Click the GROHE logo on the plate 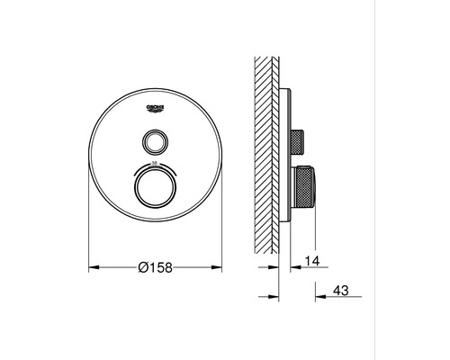coord(156,109)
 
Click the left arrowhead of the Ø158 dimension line coord(93,268)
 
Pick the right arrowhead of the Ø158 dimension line coord(219,268)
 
